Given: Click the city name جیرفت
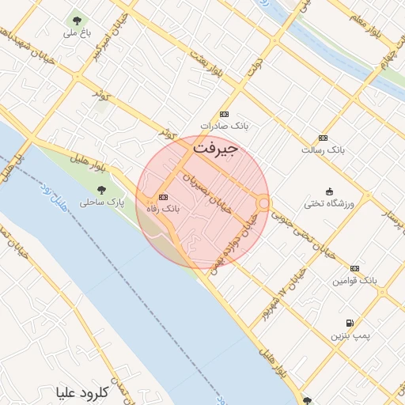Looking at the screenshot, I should pyautogui.click(x=215, y=147).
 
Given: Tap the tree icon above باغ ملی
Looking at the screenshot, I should pyautogui.click(x=77, y=21).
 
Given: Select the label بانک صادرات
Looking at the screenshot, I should pyautogui.click(x=219, y=126).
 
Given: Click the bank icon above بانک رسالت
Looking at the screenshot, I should pyautogui.click(x=323, y=137).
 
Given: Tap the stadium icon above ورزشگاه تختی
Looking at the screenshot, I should pyautogui.click(x=329, y=191).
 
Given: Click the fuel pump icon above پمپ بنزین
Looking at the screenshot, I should pyautogui.click(x=350, y=324).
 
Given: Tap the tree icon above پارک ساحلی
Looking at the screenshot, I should pyautogui.click(x=101, y=189).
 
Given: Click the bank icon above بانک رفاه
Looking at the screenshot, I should pyautogui.click(x=163, y=197).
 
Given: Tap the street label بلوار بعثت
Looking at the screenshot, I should pyautogui.click(x=203, y=64).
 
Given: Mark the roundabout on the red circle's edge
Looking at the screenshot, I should pyautogui.click(x=263, y=203).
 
